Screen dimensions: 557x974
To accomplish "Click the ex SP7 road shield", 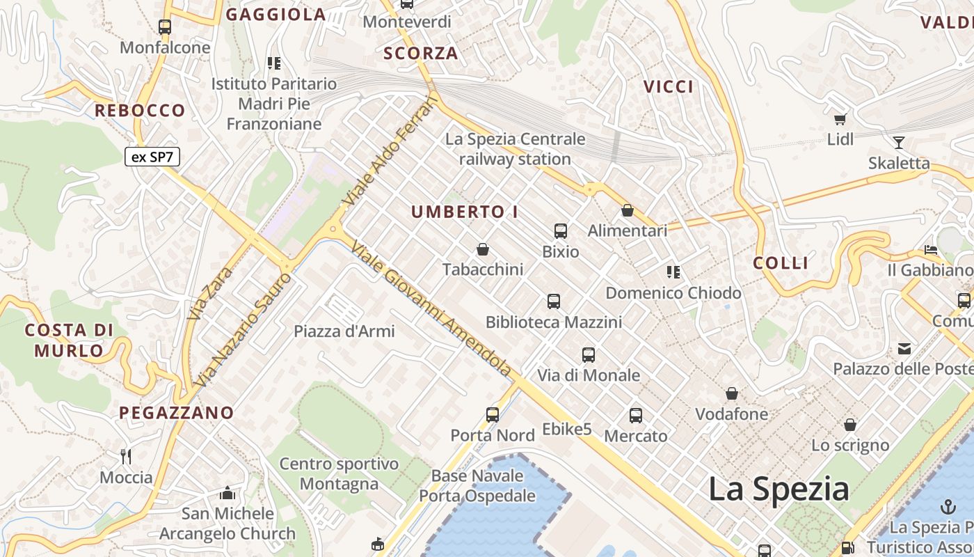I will [x=152, y=157].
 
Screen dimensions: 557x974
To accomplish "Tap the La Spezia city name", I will [x=779, y=489].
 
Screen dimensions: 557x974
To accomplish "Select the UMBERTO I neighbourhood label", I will [x=465, y=212].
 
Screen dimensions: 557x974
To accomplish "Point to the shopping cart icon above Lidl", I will [x=840, y=119].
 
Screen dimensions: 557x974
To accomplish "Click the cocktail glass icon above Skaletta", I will [x=899, y=143].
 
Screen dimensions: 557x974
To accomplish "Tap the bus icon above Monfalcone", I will [x=165, y=27].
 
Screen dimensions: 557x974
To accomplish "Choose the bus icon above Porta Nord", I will [x=493, y=415].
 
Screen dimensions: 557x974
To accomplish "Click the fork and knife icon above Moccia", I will [x=126, y=457].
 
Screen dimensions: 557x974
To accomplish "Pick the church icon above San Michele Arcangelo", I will [x=227, y=494].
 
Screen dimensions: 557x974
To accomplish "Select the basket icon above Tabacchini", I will [x=483, y=249].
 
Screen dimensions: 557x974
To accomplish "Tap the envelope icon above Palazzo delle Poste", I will [x=904, y=348].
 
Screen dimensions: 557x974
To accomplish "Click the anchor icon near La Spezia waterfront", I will [x=948, y=506].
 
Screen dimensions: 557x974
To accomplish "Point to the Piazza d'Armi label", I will [x=344, y=331].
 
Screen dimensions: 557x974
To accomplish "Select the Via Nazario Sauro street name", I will [x=243, y=331].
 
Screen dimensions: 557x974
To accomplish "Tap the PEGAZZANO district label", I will [x=177, y=413].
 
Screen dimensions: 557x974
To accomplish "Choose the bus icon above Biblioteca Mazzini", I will [x=554, y=301].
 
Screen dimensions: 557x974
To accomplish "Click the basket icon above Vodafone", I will [x=732, y=394].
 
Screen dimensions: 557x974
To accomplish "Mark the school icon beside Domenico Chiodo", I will [x=673, y=272].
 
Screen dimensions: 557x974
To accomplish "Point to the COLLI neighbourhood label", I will [x=781, y=263].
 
